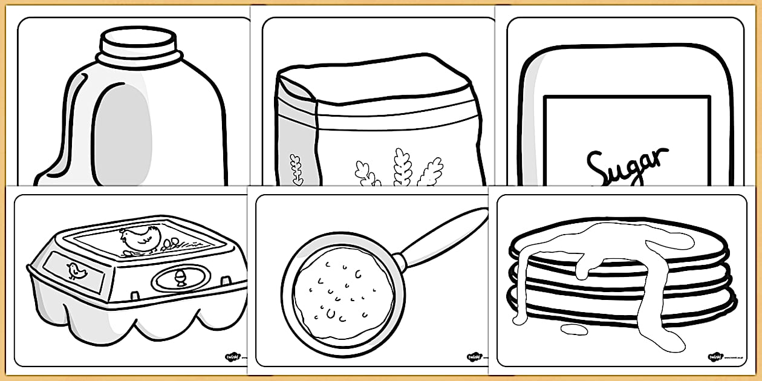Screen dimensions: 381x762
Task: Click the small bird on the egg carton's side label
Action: click(x=77, y=272)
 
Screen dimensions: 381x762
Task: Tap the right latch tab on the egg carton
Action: click(x=226, y=281)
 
